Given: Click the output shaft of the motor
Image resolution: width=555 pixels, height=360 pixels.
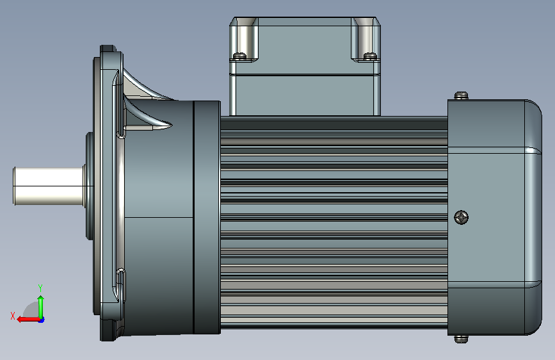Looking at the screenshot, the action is pyautogui.click(x=49, y=186).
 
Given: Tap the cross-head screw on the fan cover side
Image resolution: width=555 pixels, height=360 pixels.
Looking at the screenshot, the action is pyautogui.click(x=461, y=217).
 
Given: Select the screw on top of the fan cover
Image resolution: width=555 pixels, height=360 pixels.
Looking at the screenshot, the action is pyautogui.click(x=461, y=95).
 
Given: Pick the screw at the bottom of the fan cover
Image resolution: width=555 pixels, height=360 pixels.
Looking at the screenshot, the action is pyautogui.click(x=461, y=339).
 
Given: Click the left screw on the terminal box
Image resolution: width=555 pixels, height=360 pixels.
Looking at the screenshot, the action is pyautogui.click(x=239, y=56).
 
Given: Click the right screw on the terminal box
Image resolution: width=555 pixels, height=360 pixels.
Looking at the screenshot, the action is pyautogui.click(x=370, y=56).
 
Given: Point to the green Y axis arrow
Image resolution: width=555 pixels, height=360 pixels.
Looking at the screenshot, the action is pyautogui.click(x=41, y=307).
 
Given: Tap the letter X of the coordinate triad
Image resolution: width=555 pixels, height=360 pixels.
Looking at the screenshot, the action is pyautogui.click(x=13, y=316).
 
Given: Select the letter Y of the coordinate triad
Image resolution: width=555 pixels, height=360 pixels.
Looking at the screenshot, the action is pyautogui.click(x=40, y=288).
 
